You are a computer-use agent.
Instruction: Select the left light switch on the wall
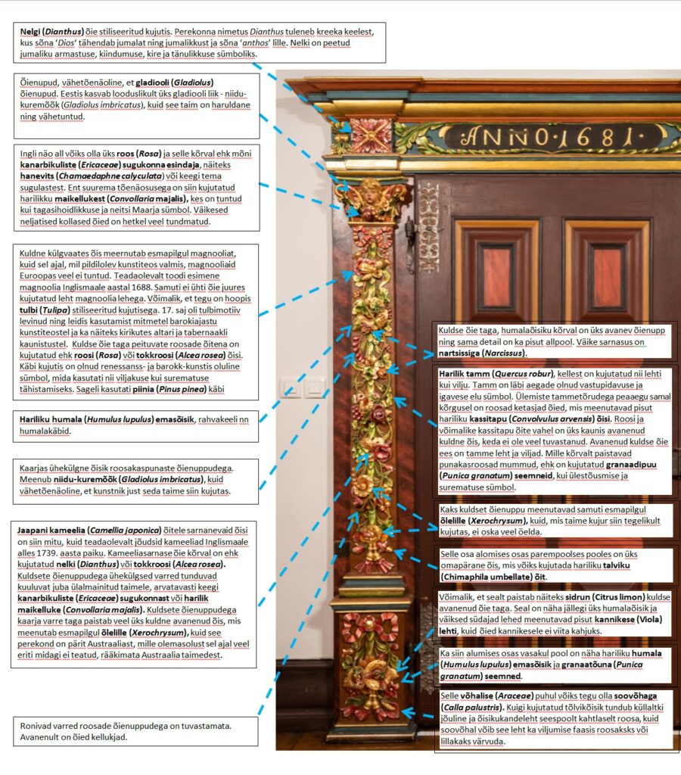pyautogui.click(x=290, y=388)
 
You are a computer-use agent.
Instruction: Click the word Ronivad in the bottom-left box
pyautogui.click(x=38, y=725)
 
